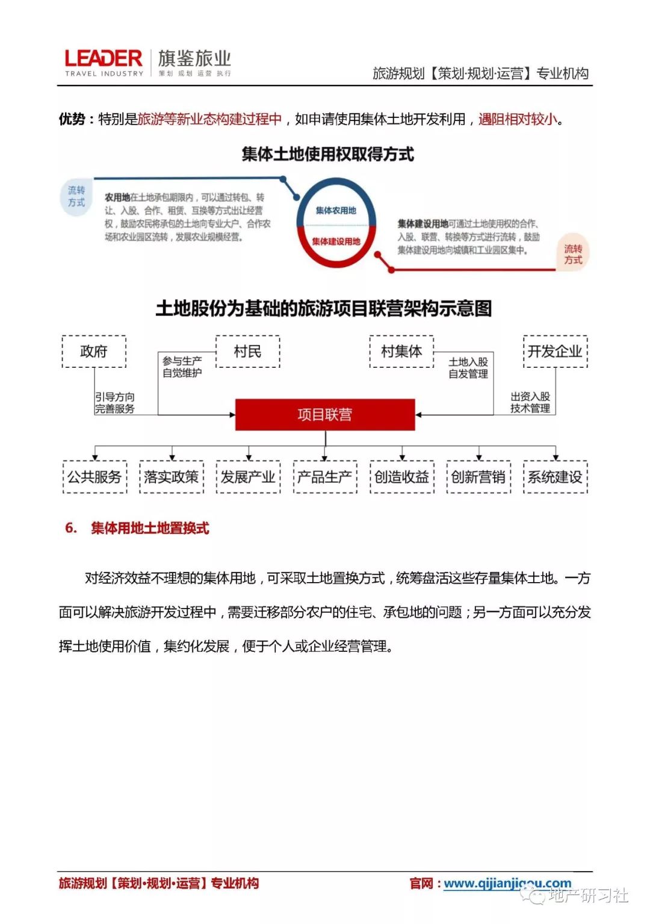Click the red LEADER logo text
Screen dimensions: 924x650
coord(104,58)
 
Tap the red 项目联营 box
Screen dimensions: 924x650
coord(325,415)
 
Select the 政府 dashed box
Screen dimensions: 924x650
coord(94,352)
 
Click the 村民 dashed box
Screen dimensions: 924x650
coord(247,352)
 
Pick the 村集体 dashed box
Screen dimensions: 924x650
coord(401,352)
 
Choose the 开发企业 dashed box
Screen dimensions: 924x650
coord(555,352)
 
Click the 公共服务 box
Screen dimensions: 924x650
coord(94,477)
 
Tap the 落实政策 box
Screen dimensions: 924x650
coord(172,477)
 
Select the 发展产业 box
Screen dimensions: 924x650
coord(248,477)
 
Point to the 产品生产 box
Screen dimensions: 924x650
coord(325,477)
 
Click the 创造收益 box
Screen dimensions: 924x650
coord(401,477)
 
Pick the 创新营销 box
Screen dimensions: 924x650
coord(478,477)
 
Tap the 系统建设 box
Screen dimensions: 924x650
coord(555,477)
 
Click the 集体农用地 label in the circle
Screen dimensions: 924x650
coord(336,211)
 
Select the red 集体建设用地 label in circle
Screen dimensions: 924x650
coord(336,241)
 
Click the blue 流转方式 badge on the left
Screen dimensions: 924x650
coord(76,196)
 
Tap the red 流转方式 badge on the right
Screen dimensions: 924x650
coord(572,254)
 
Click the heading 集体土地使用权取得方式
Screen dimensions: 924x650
coord(327,155)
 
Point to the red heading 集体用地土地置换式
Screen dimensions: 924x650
coord(150,528)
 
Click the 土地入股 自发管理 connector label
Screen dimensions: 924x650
coord(468,368)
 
